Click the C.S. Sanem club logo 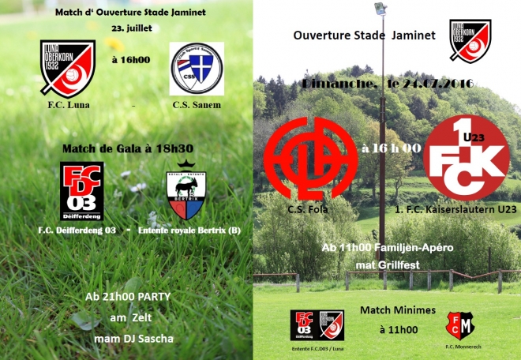(197, 69)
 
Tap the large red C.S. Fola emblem (310, 159)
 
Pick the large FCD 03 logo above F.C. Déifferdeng (82, 190)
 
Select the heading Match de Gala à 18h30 (126, 148)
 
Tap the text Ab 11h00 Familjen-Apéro (388, 248)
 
